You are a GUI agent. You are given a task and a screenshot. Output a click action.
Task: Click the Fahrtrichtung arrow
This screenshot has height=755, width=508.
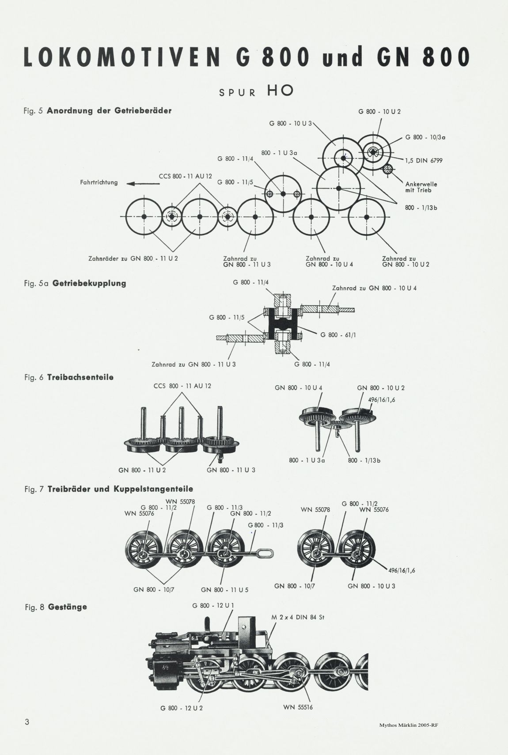click(x=143, y=184)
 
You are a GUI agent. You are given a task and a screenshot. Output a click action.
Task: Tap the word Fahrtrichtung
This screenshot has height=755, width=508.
click(x=99, y=182)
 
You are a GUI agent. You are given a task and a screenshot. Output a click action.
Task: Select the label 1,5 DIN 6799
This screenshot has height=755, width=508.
click(x=424, y=161)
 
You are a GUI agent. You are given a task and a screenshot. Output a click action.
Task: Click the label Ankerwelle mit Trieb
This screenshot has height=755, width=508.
click(x=421, y=187)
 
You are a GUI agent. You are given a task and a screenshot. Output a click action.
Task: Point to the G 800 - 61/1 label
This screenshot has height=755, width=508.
click(x=338, y=335)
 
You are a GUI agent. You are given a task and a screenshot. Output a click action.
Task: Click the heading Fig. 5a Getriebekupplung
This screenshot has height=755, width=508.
click(x=75, y=283)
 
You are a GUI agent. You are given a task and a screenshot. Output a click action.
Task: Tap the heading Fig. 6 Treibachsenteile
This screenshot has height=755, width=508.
click(x=69, y=377)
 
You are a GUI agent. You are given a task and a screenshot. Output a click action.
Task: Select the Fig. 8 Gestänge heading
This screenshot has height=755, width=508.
click(x=56, y=607)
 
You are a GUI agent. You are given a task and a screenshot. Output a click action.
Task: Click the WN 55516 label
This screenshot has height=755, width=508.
click(x=298, y=707)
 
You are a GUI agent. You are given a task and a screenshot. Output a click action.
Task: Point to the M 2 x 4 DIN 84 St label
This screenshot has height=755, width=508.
click(x=298, y=618)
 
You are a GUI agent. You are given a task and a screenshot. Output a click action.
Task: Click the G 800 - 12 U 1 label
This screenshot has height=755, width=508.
click(x=213, y=605)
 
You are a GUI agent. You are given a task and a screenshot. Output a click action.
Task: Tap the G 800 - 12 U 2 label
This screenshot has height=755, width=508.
click(x=182, y=708)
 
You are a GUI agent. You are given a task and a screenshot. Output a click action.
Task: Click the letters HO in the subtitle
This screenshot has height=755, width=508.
click(x=280, y=90)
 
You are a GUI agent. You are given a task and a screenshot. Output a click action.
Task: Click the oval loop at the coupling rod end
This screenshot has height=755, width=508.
click(x=264, y=554)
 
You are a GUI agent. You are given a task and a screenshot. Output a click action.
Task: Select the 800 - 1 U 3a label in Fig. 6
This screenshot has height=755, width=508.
click(x=307, y=460)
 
